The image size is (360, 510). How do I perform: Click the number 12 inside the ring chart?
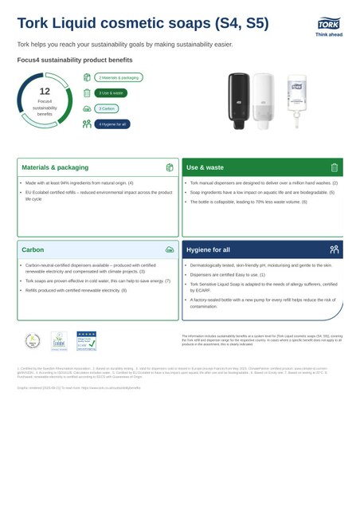pyautogui.click(x=45, y=92)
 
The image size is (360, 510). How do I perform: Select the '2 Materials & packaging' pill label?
pyautogui.click(x=119, y=77)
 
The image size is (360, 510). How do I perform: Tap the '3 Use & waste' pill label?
pyautogui.click(x=111, y=92)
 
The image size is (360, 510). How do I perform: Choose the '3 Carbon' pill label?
pyautogui.click(x=107, y=108)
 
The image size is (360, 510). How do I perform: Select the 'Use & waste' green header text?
pyautogui.click(x=205, y=168)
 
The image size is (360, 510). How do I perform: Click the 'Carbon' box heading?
pyautogui.click(x=33, y=249)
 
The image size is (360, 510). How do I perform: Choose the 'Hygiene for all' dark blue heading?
pyautogui.click(x=208, y=249)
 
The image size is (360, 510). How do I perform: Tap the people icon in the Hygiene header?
pyautogui.click(x=335, y=249)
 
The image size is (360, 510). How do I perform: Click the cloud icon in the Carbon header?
pyautogui.click(x=170, y=249)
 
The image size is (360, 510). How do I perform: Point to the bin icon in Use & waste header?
pyautogui.click(x=335, y=168)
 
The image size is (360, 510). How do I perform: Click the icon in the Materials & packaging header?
pyautogui.click(x=170, y=168)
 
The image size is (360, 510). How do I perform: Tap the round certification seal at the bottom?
pyautogui.click(x=32, y=340)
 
